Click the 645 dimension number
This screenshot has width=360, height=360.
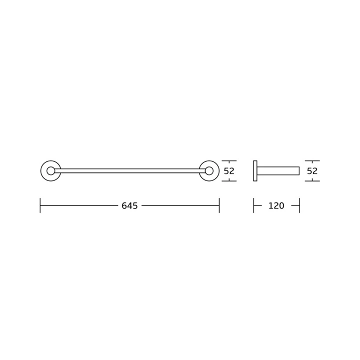coord(129,205)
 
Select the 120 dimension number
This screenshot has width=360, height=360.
coord(276,205)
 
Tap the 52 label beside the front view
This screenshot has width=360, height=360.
coord(229,171)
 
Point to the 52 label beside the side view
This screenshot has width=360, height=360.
coord(312,171)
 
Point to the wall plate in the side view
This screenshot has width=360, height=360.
coord(255,171)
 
